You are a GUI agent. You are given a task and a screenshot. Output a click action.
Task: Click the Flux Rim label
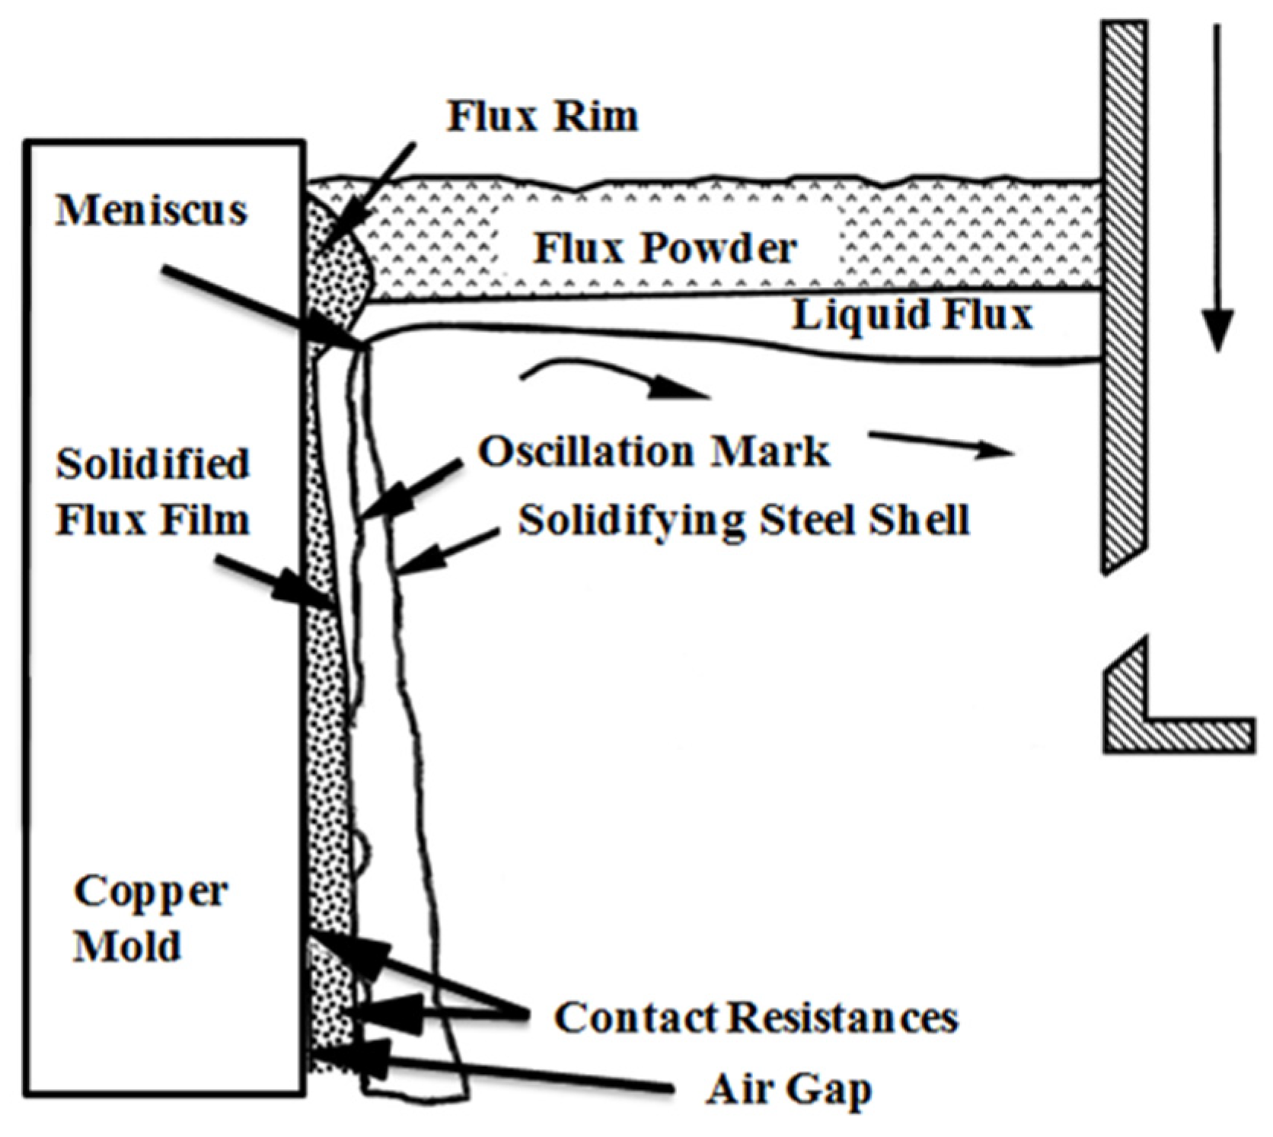pos(542,116)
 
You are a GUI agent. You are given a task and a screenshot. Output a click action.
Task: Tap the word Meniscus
pos(152,210)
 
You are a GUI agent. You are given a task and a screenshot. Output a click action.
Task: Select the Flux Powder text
pos(664,248)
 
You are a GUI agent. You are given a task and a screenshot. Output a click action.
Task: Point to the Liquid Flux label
pos(911,314)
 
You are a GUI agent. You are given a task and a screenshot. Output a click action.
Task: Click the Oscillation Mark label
pos(653,451)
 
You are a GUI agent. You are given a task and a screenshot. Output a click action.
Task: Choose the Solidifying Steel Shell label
pos(743,521)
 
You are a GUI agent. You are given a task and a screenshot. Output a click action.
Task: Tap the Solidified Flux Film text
pos(152,492)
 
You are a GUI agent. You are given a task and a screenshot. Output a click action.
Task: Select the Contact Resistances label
pos(755,1018)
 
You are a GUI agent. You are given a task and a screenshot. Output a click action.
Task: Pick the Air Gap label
pos(788,1089)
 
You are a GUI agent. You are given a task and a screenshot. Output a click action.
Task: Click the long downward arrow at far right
pos(1217,190)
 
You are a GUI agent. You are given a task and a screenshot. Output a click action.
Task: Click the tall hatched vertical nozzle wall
pos(1124,297)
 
